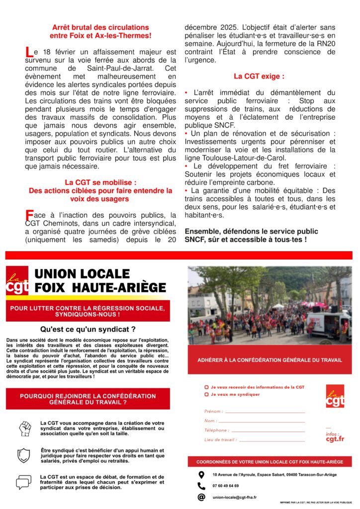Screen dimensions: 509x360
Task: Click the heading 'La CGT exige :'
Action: [259, 77]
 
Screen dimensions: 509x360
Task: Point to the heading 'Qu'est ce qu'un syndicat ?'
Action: [88, 329]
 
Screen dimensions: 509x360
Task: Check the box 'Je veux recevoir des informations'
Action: [206, 387]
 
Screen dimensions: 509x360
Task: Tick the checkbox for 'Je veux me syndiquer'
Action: [206, 394]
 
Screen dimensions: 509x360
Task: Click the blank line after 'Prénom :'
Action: [265, 412]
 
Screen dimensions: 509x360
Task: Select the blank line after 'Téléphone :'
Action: [268, 430]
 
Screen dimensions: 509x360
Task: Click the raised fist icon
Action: [25, 428]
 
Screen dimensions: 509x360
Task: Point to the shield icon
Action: [23, 455]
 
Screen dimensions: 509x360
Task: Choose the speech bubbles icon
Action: [23, 482]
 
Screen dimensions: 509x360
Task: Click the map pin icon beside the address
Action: [201, 475]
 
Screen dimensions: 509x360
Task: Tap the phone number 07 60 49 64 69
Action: [225, 486]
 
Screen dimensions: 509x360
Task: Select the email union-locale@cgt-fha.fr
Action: [234, 497]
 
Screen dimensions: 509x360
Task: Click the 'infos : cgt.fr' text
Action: [335, 436]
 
